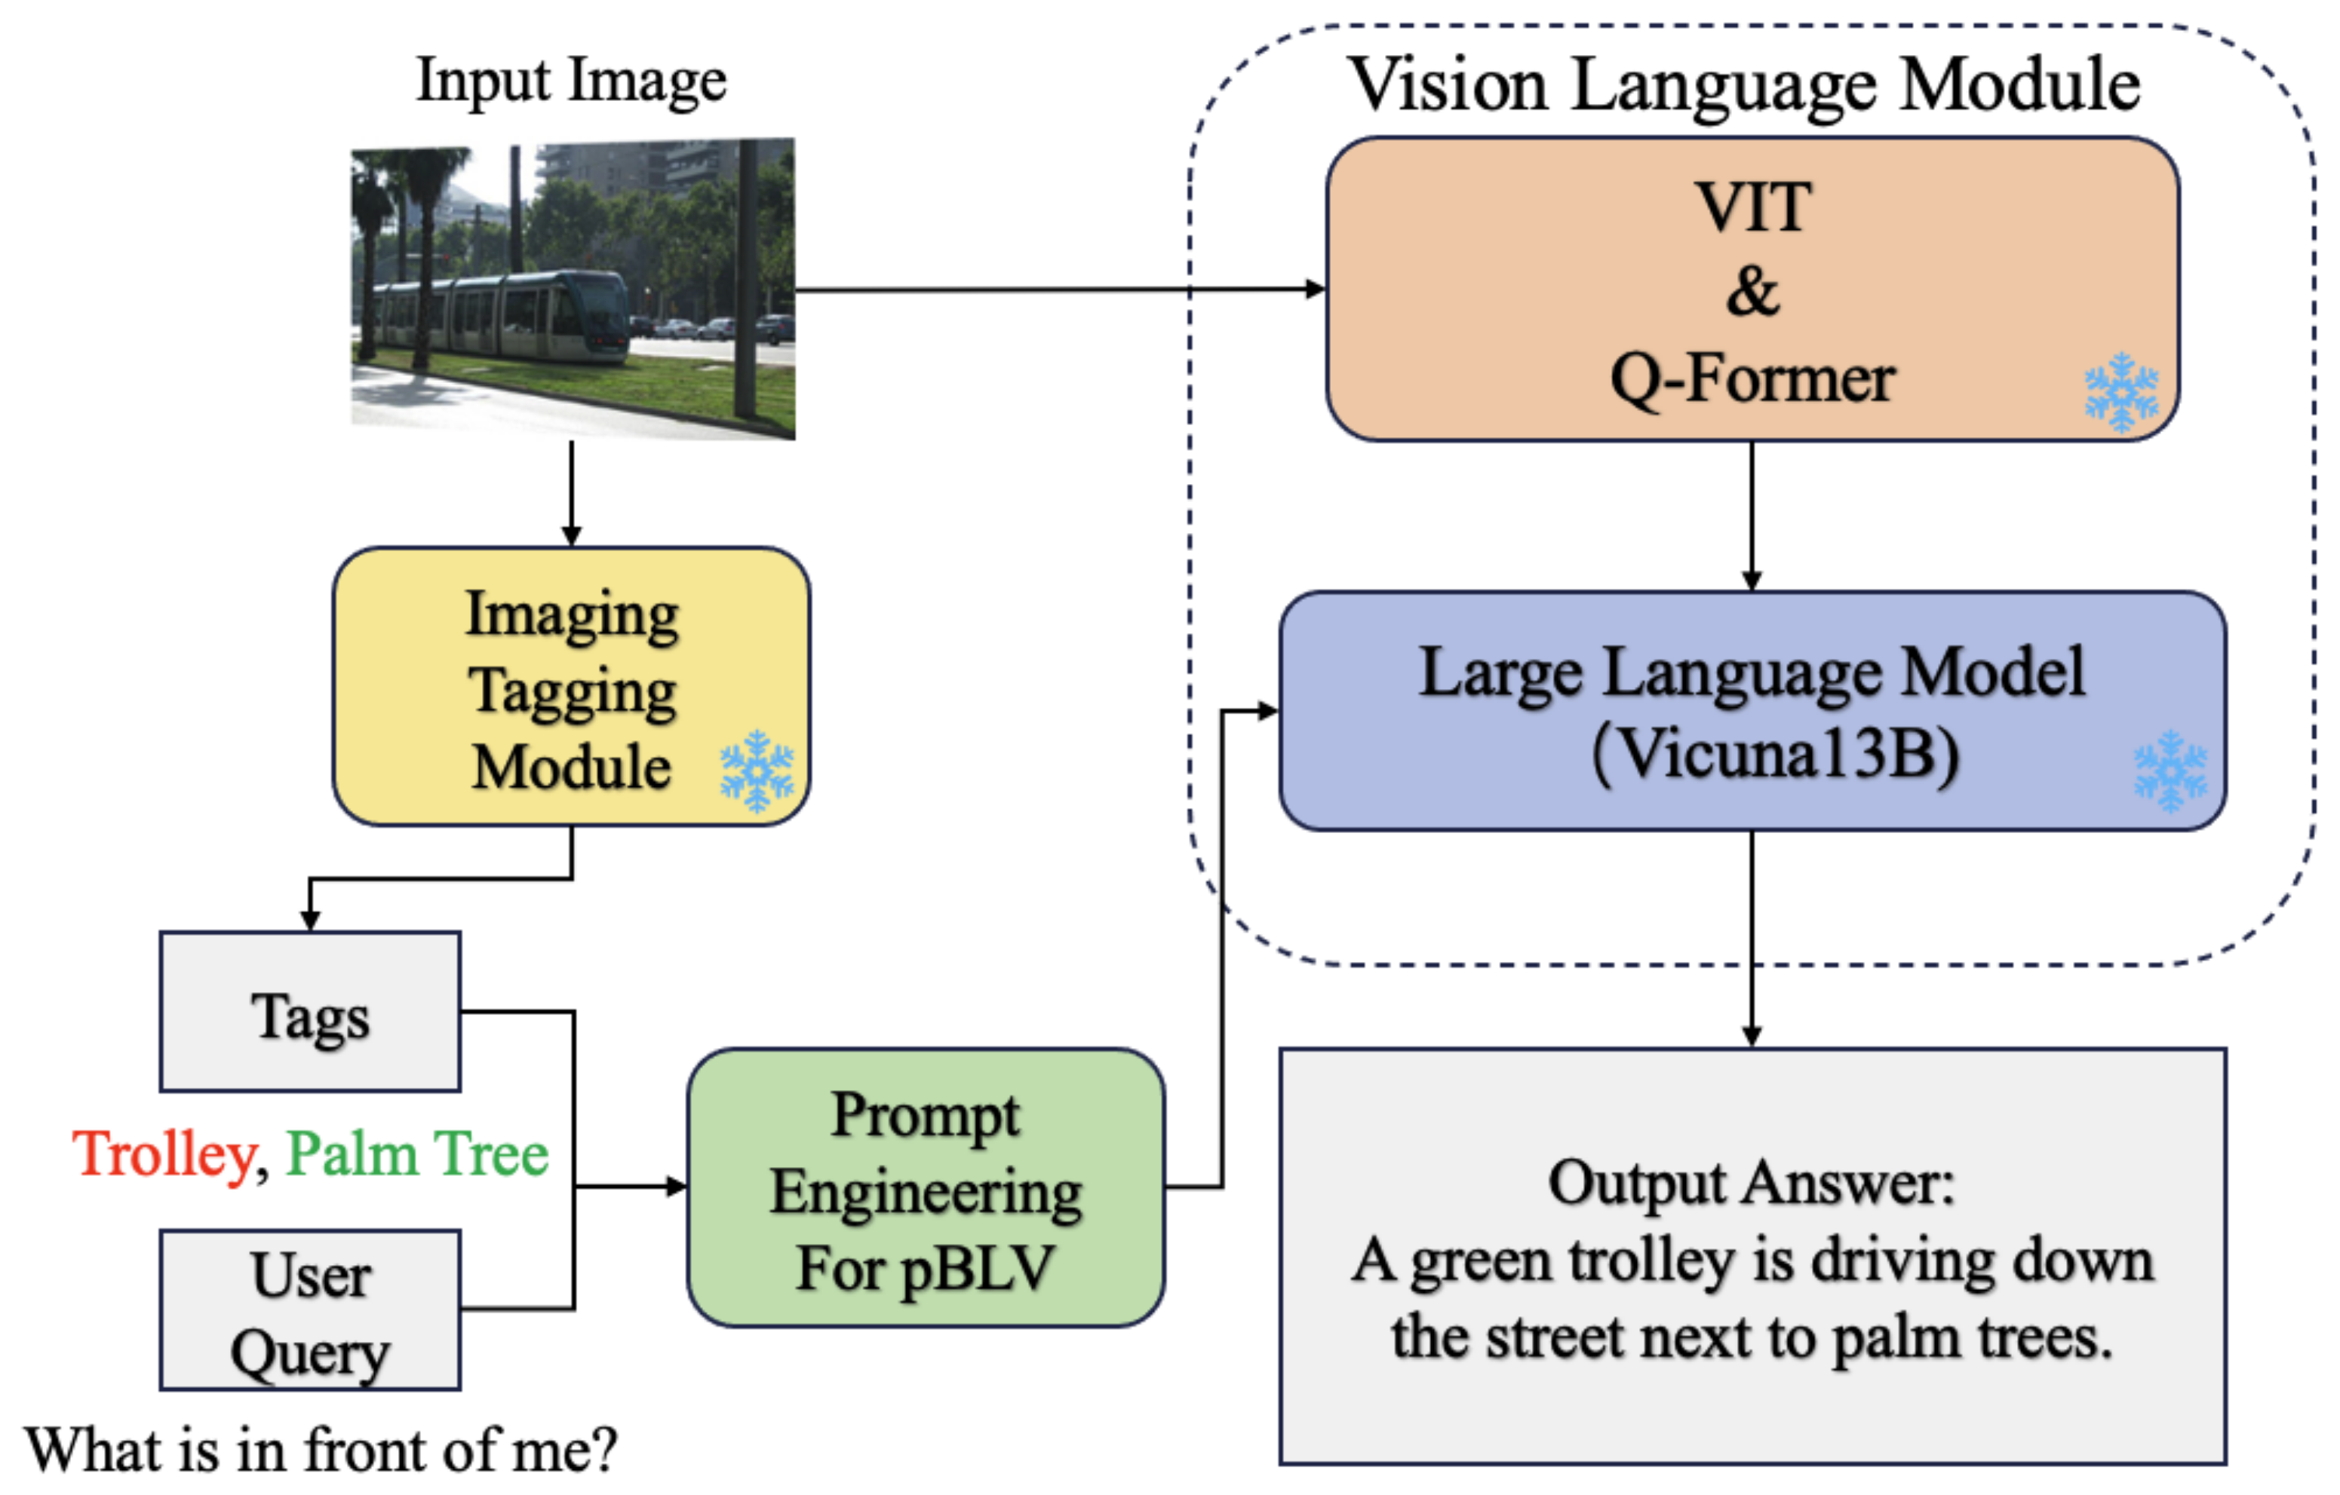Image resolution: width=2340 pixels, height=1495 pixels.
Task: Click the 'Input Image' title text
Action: click(x=570, y=81)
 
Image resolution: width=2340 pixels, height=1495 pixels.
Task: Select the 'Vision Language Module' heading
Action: click(x=1744, y=85)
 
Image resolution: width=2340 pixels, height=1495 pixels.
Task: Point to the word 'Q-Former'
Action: click(x=1752, y=379)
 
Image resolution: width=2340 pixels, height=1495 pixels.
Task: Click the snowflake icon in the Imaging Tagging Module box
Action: click(x=756, y=770)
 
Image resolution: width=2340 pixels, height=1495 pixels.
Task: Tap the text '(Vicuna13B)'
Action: click(x=1776, y=754)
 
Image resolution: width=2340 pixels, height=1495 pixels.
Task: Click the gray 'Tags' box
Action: click(x=310, y=1011)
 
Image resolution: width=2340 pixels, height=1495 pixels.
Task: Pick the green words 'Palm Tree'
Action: click(x=417, y=1154)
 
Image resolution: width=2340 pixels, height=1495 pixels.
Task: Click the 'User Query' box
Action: click(x=310, y=1310)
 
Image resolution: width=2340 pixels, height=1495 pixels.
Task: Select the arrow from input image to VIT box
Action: click(x=1059, y=289)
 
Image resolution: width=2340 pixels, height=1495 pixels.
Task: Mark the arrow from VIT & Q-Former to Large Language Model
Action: click(x=1752, y=515)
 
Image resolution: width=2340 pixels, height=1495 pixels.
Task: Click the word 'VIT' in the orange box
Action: click(x=1753, y=207)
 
